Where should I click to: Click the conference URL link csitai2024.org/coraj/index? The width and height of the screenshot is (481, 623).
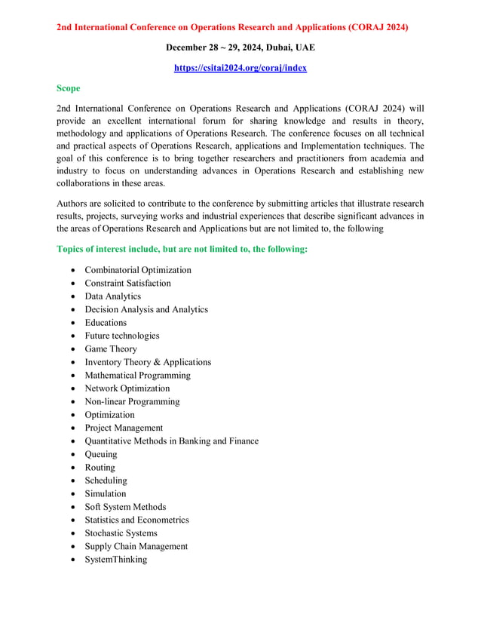point(240,67)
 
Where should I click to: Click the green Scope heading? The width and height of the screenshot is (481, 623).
point(69,88)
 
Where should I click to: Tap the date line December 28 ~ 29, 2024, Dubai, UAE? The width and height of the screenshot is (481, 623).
point(240,48)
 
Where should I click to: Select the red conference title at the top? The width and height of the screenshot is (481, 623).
point(232,27)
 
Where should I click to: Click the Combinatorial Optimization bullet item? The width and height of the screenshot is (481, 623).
point(137,270)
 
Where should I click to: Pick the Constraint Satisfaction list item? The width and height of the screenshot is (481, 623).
point(127,283)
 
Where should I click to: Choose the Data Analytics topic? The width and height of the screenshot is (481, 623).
point(112,296)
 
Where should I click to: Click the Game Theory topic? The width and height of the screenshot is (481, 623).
point(111,349)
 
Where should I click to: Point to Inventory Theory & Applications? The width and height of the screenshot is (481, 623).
point(148,362)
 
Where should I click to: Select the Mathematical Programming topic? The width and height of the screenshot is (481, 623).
point(137,375)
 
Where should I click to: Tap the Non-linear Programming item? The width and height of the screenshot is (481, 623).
point(132,401)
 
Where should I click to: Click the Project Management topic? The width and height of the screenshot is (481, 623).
point(124,428)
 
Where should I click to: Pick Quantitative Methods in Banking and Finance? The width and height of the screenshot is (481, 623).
point(171,441)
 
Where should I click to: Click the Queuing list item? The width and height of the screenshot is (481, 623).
point(101,454)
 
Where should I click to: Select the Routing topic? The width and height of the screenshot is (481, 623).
point(100,468)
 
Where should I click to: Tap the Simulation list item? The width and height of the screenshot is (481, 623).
point(106,494)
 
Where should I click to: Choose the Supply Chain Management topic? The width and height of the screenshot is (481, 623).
point(136,546)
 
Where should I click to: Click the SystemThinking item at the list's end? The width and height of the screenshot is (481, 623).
point(116,560)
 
